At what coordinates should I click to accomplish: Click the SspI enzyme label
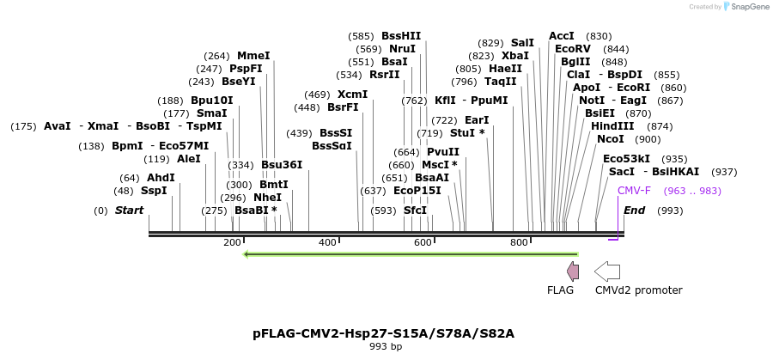[154, 191]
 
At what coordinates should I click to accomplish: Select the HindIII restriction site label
[612, 126]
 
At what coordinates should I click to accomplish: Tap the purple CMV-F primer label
[634, 191]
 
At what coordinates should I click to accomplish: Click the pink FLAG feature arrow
[573, 272]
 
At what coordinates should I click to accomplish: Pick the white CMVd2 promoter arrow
[607, 272]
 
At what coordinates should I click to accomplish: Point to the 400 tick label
[327, 243]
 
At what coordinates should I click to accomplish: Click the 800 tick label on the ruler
[519, 243]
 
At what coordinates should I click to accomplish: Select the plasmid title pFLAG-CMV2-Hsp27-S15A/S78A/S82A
[383, 333]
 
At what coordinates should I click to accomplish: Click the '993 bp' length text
[385, 347]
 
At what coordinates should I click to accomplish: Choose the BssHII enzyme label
[401, 36]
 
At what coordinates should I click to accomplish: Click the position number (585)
[361, 36]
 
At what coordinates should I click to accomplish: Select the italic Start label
[129, 211]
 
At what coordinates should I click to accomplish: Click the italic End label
[634, 211]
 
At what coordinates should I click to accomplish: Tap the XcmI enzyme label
[352, 95]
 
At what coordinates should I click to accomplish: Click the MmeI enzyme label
[253, 56]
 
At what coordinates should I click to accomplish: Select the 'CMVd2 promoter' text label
[638, 290]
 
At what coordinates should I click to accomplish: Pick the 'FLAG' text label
[560, 290]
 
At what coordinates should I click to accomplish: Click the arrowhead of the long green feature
[247, 254]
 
